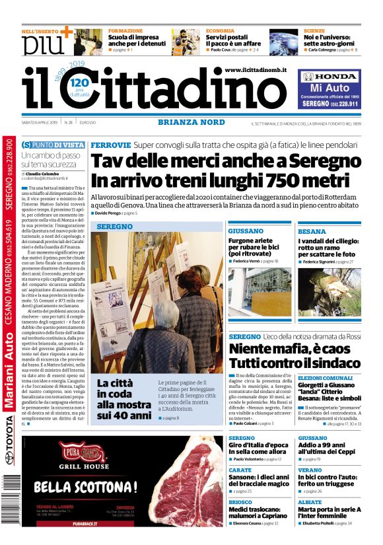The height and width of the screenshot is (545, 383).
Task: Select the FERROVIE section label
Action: pyautogui.click(x=110, y=145)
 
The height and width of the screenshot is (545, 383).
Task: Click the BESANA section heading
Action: pyautogui.click(x=312, y=231)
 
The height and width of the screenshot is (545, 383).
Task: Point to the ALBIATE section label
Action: pyautogui.click(x=310, y=502)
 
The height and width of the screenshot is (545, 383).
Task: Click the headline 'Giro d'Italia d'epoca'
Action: pyautogui.click(x=260, y=446)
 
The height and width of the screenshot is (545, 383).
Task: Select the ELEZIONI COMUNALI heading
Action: pyautogui.click(x=326, y=377)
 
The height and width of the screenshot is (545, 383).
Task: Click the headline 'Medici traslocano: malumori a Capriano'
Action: pyautogui.click(x=258, y=513)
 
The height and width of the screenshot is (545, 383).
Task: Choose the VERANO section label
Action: pyautogui.click(x=310, y=470)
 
